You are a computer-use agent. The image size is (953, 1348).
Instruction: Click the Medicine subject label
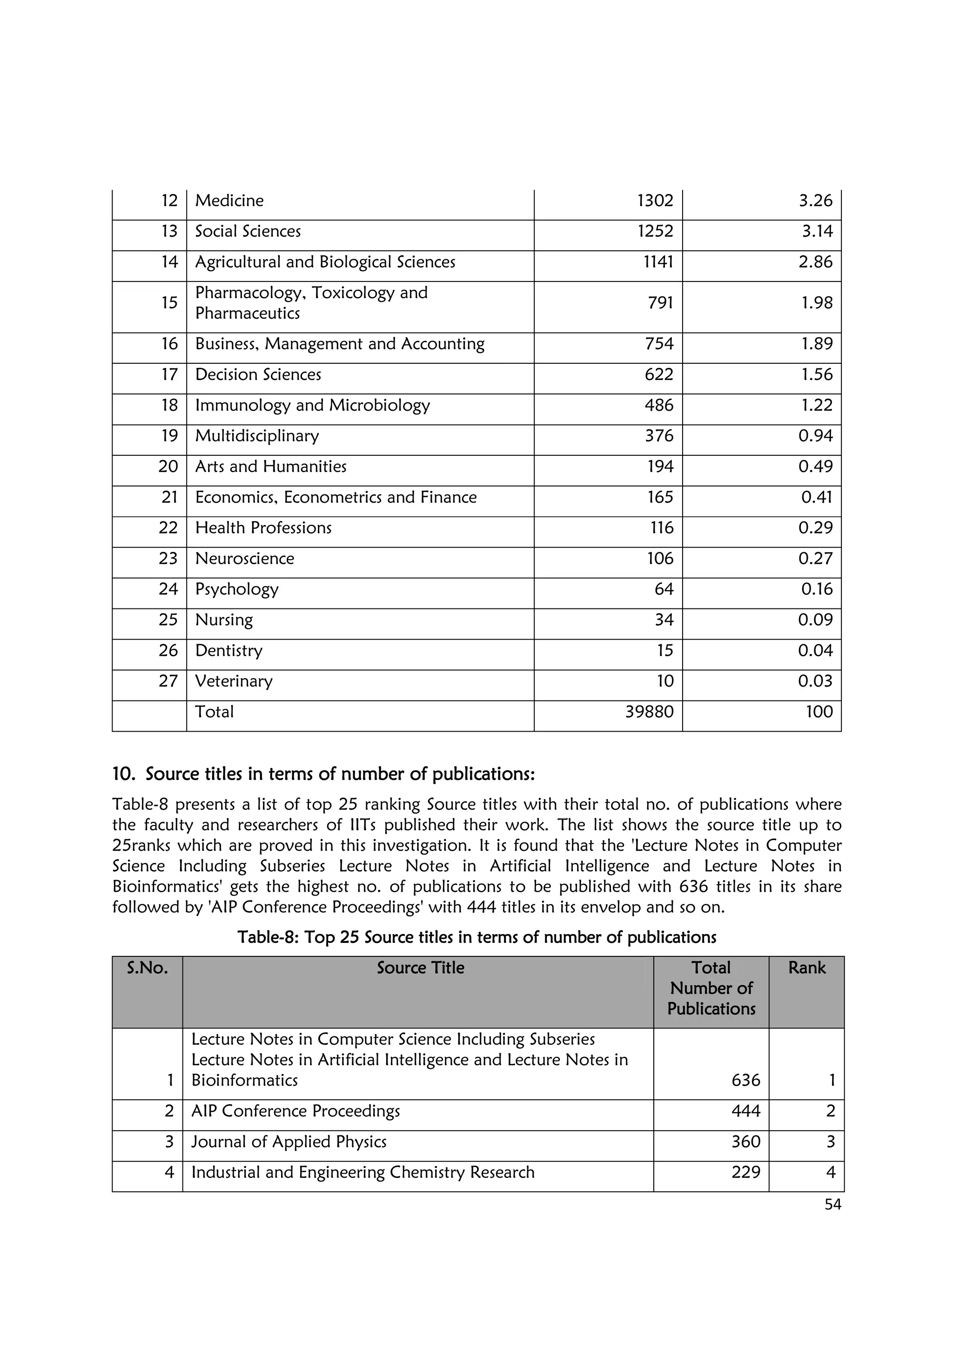point(229,201)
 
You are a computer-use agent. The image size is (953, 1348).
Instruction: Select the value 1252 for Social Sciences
point(655,231)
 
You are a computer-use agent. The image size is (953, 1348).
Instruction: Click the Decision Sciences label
point(258,374)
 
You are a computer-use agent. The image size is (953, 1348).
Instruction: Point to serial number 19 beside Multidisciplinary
point(169,436)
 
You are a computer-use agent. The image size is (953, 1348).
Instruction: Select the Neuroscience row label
point(244,558)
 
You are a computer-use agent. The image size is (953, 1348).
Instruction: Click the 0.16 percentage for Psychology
point(817,589)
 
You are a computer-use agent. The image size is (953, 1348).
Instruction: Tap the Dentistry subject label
point(228,651)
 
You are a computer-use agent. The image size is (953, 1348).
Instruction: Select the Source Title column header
point(420,968)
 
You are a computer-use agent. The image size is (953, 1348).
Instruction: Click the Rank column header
point(806,968)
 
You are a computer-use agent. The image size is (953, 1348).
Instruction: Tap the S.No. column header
point(148,968)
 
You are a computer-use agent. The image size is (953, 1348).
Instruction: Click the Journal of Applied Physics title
point(289,1141)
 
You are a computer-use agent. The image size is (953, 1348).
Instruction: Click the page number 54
point(832,1204)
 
